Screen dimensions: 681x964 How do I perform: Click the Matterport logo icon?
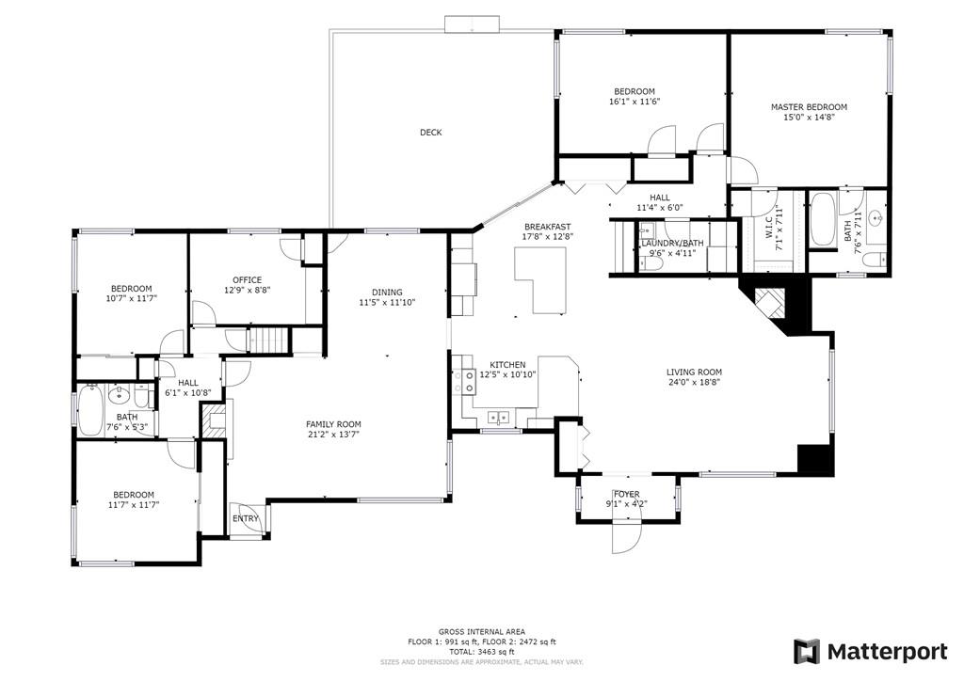[806, 651]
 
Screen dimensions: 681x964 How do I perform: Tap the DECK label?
[430, 133]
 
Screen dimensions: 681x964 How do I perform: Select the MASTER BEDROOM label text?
[809, 107]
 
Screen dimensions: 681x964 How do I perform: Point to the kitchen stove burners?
[464, 380]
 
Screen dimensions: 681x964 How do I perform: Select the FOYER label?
[627, 494]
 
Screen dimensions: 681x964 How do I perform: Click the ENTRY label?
[246, 518]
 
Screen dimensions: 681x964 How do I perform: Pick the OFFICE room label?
[247, 279]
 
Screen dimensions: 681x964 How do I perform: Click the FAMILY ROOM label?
[333, 423]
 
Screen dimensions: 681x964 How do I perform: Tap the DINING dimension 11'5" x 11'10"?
[387, 303]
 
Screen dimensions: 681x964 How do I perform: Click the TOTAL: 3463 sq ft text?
[481, 651]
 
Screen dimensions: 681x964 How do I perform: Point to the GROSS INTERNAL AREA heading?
[481, 631]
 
